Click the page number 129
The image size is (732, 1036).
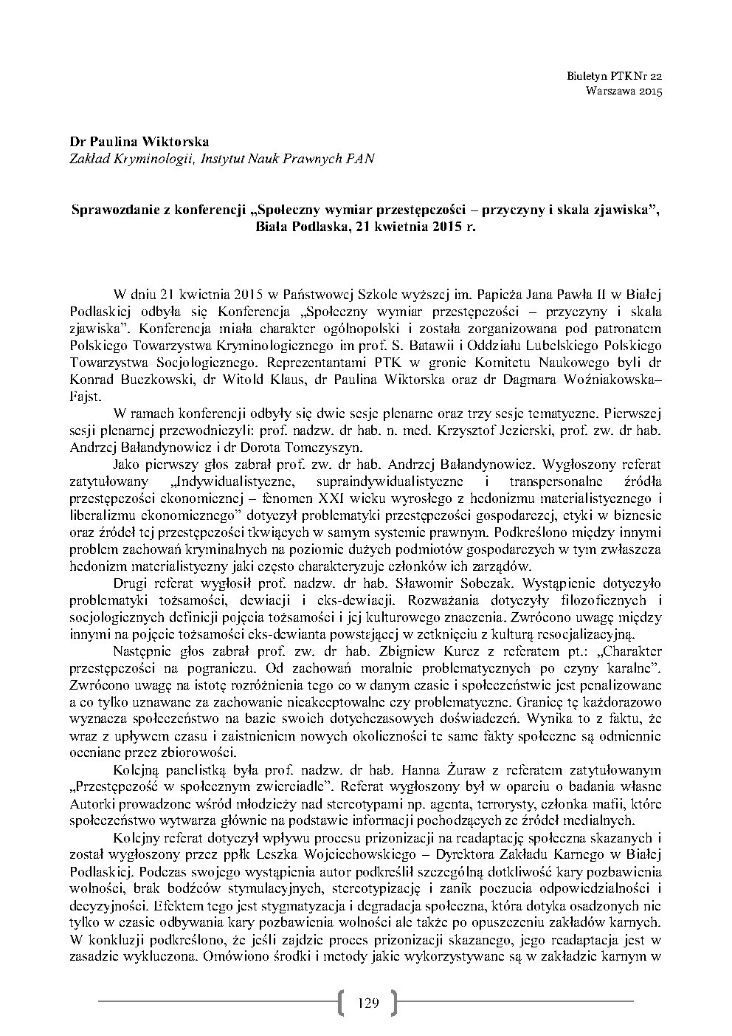coord(367,1002)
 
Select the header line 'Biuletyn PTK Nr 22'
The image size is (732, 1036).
coord(615,77)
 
